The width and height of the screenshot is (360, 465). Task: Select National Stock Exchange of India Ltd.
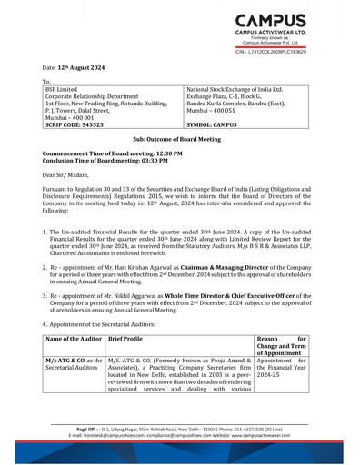(235, 90)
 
